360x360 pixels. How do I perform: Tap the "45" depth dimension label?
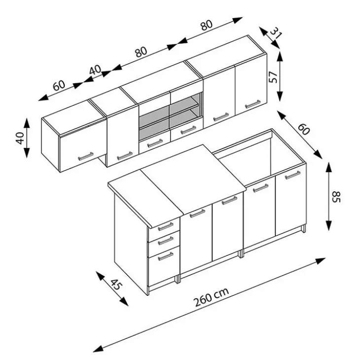(117, 285)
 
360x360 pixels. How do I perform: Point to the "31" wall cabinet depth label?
(276, 33)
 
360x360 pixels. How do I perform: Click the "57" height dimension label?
(273, 77)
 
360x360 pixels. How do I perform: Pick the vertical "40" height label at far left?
(20, 138)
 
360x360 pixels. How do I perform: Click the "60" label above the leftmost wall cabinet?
(59, 86)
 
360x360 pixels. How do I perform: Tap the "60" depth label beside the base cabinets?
(304, 129)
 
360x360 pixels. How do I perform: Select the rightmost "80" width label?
(207, 25)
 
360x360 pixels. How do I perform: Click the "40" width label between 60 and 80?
(95, 70)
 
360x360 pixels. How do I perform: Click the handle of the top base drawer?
(166, 226)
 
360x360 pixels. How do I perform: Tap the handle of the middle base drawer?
(166, 240)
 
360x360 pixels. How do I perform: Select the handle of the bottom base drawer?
(166, 256)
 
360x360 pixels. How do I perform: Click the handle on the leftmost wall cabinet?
(86, 156)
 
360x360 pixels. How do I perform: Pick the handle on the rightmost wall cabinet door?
(253, 104)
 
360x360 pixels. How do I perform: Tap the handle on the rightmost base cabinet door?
(292, 175)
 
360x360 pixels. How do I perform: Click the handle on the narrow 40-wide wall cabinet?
(125, 156)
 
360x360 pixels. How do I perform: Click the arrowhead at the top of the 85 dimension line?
(329, 167)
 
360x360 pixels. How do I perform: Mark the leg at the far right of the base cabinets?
(304, 229)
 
